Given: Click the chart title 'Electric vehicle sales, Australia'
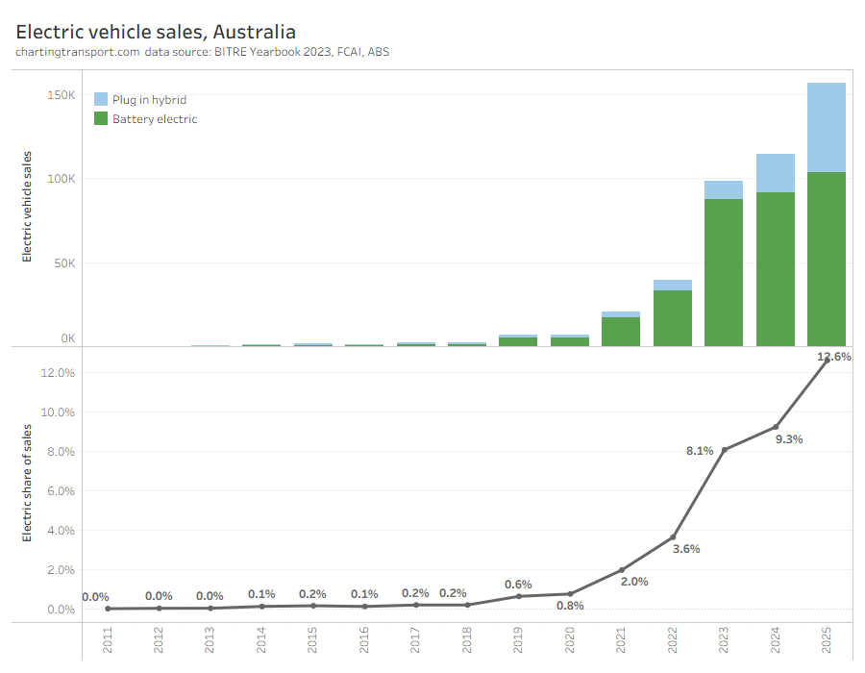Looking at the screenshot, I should tap(156, 32).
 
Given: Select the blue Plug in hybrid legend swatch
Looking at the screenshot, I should tap(101, 99).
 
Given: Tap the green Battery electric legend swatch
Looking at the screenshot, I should tap(101, 118).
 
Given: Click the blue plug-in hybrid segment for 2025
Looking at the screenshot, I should tap(827, 127).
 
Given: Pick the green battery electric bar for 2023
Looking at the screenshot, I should tap(724, 272).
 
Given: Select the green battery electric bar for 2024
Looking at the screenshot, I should tap(776, 269).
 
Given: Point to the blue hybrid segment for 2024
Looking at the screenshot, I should tap(776, 173).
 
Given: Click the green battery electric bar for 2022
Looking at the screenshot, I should tap(673, 318).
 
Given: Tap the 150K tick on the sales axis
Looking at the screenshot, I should tap(61, 95).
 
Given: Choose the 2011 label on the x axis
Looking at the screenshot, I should tap(108, 641).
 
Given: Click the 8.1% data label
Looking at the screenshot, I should tap(700, 450).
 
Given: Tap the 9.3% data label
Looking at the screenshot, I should tap(789, 439).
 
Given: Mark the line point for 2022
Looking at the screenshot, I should tap(673, 537).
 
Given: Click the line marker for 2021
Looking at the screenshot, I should tap(621, 570).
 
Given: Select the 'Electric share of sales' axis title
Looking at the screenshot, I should tap(27, 482).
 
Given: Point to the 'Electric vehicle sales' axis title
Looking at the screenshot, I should tap(27, 206).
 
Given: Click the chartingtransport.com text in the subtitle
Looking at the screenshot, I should tap(77, 52).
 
